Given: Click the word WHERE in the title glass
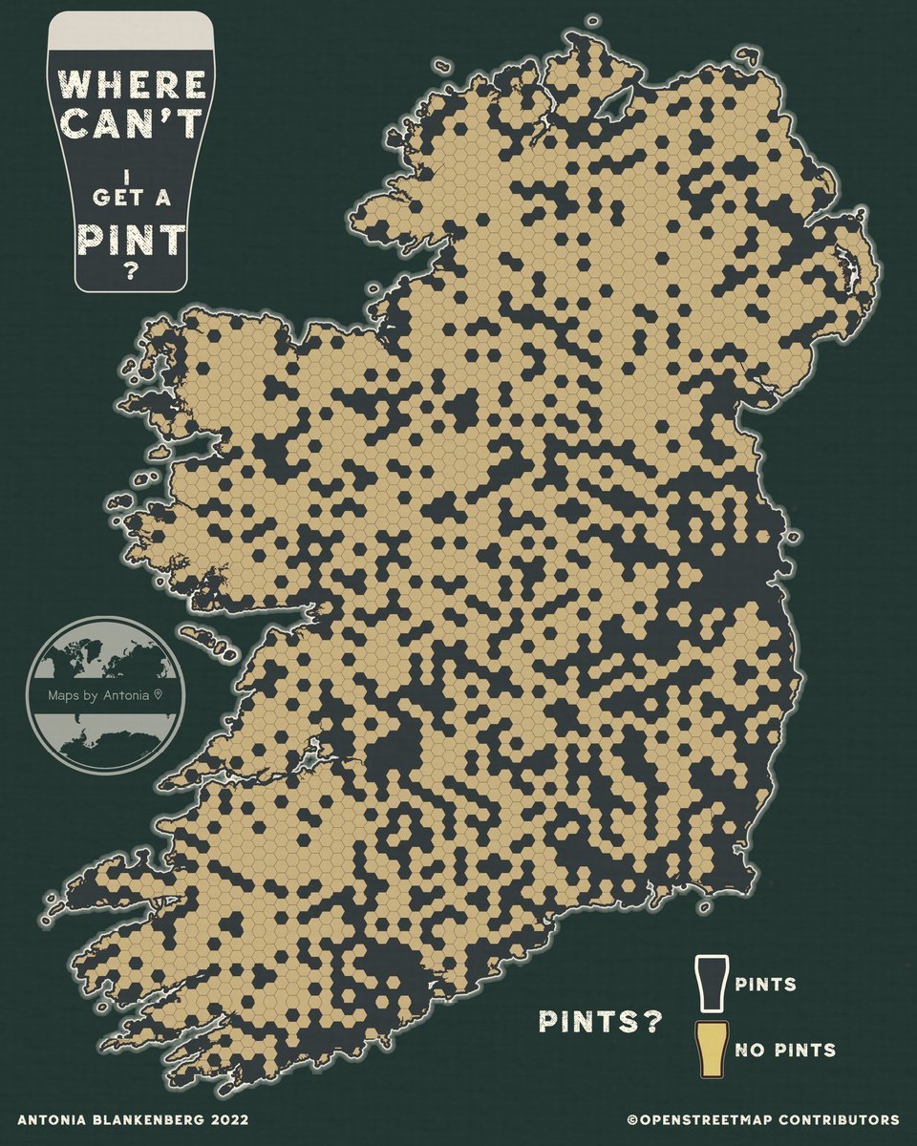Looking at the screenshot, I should (x=131, y=83).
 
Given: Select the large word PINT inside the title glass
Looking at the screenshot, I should (x=131, y=240).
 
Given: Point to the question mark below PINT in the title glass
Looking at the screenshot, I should (x=131, y=271).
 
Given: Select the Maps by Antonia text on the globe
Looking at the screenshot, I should (x=98, y=695).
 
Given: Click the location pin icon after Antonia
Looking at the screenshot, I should (x=159, y=695).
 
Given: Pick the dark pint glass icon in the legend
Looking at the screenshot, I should (x=711, y=983).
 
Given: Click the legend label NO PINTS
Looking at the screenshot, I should (x=786, y=1050).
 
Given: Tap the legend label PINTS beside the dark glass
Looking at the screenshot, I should (x=766, y=984).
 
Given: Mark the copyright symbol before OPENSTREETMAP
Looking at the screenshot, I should (x=632, y=1118).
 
